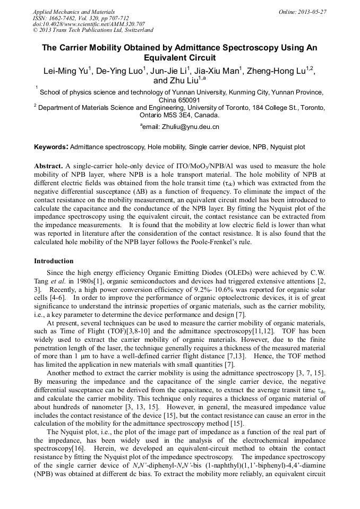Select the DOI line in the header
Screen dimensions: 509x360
click(x=89, y=24)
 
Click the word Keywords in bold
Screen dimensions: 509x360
click(x=51, y=146)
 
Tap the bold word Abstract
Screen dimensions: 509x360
click(x=48, y=166)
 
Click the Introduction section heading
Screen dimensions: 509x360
click(x=54, y=261)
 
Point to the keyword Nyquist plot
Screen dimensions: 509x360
click(x=286, y=146)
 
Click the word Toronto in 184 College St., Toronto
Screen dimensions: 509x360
click(x=311, y=107)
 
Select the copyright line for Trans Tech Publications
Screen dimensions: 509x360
click(x=93, y=30)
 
